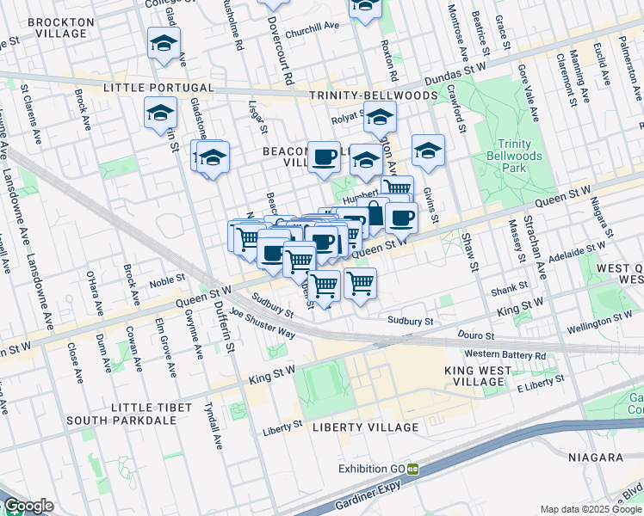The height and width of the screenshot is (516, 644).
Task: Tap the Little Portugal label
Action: tap(158, 88)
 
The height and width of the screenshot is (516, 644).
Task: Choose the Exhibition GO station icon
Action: tap(413, 469)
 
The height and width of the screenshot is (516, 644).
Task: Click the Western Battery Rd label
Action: tap(505, 354)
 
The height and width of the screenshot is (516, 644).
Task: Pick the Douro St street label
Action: tap(477, 335)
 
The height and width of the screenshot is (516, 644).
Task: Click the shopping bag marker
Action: tap(375, 212)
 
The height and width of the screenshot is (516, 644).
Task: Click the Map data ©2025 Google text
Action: tap(591, 509)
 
